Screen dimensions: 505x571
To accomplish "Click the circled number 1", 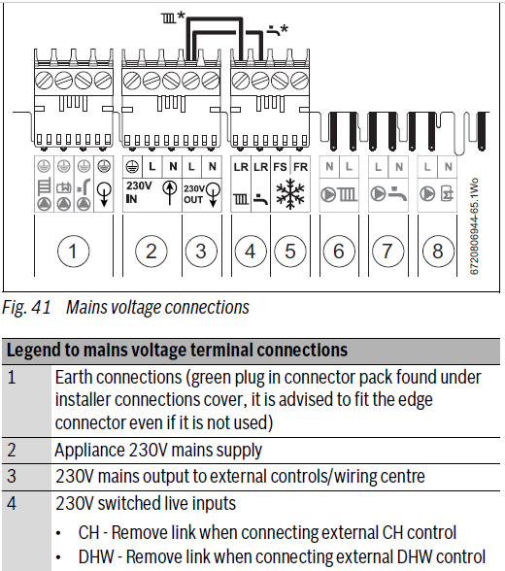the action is click(x=73, y=252).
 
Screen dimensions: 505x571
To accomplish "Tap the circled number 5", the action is click(x=289, y=252).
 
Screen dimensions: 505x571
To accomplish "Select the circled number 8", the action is click(x=438, y=252).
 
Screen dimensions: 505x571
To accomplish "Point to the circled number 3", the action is click(x=201, y=252).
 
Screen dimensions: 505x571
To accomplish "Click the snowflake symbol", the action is click(x=290, y=194).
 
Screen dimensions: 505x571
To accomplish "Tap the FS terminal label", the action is click(x=280, y=167).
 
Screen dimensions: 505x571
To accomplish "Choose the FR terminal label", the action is click(x=300, y=167).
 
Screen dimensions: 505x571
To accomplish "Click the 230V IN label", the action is click(x=138, y=192).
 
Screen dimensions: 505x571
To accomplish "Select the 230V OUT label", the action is click(x=193, y=194).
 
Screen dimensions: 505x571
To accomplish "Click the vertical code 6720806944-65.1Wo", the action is click(x=474, y=226).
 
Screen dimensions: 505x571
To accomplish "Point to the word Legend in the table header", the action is click(x=33, y=350).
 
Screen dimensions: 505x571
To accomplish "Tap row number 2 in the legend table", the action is click(x=12, y=451).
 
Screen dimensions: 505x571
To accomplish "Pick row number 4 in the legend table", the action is click(x=12, y=504).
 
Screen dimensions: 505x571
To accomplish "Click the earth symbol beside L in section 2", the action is click(x=132, y=167).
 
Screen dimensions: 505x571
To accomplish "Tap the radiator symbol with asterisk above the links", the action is click(x=173, y=17).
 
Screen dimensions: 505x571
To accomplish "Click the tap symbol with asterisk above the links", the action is click(x=278, y=30).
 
